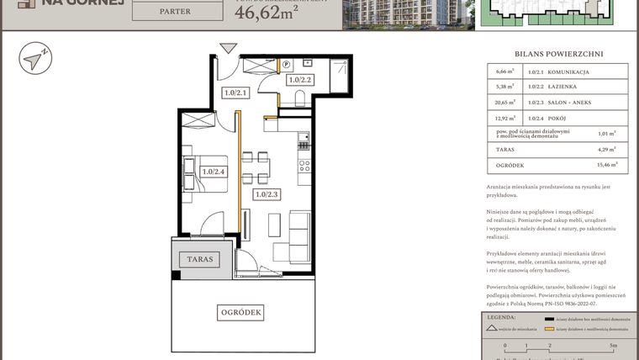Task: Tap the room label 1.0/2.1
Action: tap(235, 93)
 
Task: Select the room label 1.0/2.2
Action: tap(299, 81)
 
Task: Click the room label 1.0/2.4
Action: tap(214, 172)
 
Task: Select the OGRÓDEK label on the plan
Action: tap(242, 312)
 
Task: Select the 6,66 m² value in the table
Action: tap(506, 73)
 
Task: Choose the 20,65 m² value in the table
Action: tap(505, 102)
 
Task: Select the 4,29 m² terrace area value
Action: tap(605, 150)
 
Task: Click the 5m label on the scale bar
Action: tap(614, 346)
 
